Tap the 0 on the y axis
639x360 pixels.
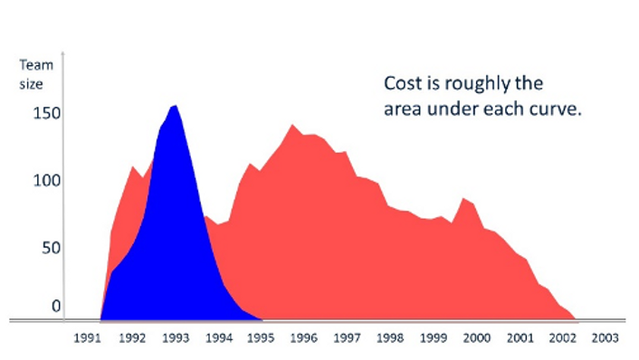click(x=55, y=307)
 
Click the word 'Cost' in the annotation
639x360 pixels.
click(x=402, y=84)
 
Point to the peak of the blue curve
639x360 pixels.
click(x=174, y=106)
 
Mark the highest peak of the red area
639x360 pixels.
click(x=291, y=125)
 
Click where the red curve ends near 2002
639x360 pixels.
click(x=575, y=318)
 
